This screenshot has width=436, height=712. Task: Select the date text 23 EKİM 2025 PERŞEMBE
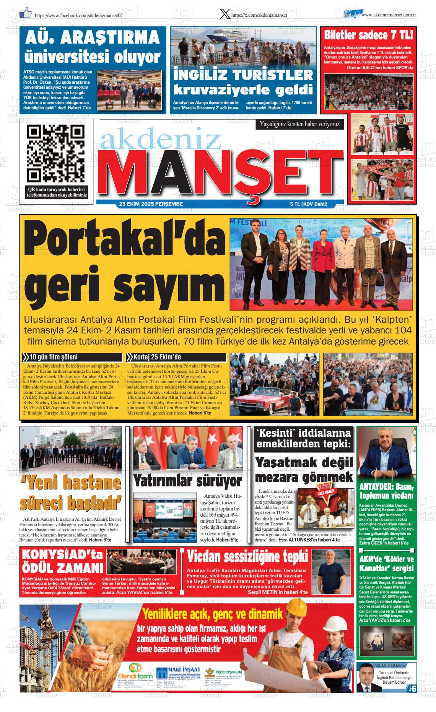151,204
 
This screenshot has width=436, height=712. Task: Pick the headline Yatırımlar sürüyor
187,480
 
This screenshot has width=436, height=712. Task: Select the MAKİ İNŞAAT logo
178,674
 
